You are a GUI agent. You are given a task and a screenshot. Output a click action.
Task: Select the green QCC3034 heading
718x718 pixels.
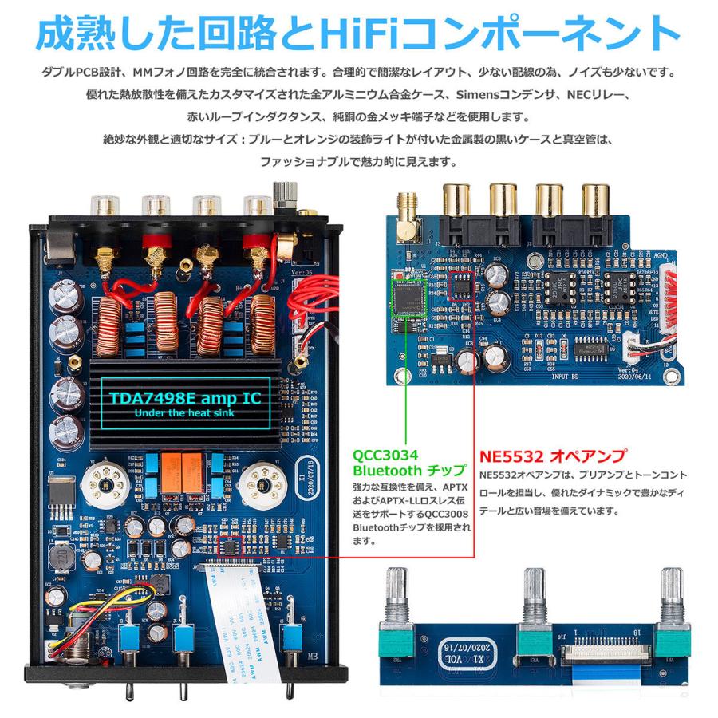click(x=385, y=455)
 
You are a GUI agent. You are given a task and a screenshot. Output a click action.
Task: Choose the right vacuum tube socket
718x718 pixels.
click(x=264, y=481)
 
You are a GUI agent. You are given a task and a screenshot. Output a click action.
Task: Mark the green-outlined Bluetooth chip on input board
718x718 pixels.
click(x=408, y=293)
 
